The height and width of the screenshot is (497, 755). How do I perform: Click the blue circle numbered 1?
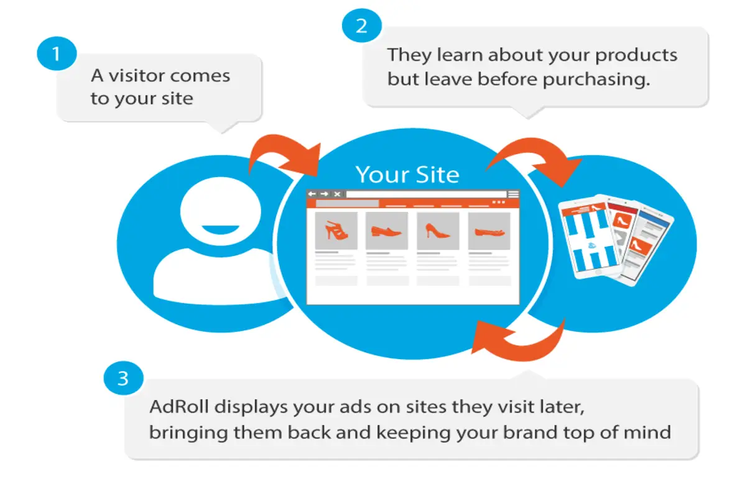[57, 53]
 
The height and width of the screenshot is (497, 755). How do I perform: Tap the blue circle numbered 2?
[362, 25]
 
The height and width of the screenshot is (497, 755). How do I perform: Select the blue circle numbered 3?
[123, 378]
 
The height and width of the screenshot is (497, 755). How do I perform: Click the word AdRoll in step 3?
[179, 406]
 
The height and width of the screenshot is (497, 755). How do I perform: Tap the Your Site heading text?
[407, 175]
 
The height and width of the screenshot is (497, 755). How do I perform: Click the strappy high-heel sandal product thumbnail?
[336, 230]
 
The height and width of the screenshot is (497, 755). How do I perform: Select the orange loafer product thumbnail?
[387, 230]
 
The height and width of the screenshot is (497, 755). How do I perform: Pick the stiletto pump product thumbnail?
[438, 230]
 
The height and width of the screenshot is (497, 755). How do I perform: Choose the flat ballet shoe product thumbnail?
[489, 230]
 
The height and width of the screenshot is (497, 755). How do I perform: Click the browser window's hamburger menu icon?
[513, 194]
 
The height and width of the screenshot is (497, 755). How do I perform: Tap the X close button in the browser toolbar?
[337, 194]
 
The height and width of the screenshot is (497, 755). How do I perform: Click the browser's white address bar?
[427, 194]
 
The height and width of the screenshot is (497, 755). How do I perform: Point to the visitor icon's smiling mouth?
[220, 230]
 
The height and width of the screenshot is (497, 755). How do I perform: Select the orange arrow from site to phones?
[539, 147]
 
